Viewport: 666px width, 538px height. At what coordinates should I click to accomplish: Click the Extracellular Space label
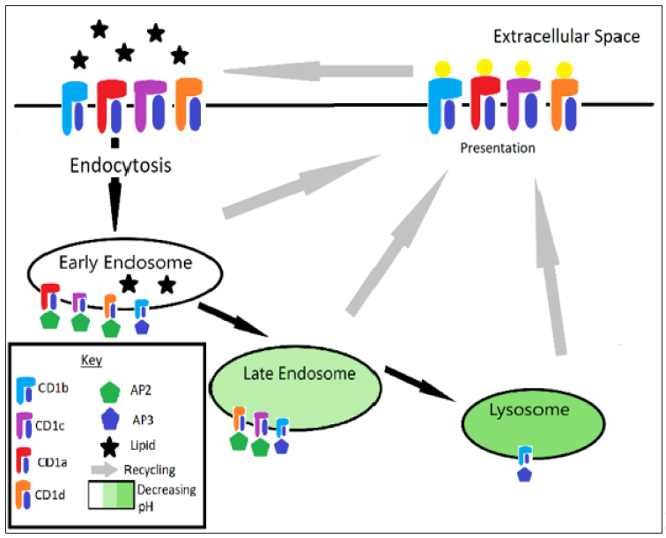point(566,38)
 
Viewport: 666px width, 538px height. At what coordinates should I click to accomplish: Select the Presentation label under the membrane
point(498,147)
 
